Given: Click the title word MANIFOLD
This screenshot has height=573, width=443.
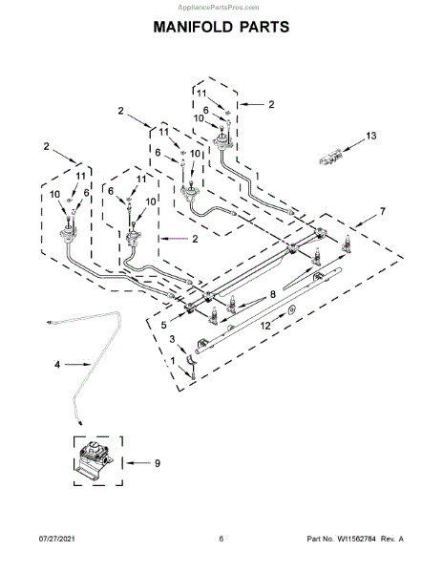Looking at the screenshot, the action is (193, 27).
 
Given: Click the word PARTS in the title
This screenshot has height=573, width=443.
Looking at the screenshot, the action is (264, 27).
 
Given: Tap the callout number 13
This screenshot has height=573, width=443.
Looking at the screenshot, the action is (371, 136).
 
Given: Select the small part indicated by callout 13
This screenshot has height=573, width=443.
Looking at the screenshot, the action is (331, 157).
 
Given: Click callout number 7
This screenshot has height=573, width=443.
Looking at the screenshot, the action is (383, 211).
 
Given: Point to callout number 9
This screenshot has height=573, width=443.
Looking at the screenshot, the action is (158, 463).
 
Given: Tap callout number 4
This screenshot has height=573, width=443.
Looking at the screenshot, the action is (57, 365).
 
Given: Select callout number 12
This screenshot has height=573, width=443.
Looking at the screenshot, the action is (265, 326).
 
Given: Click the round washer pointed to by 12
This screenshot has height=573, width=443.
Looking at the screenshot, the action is (291, 310).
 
